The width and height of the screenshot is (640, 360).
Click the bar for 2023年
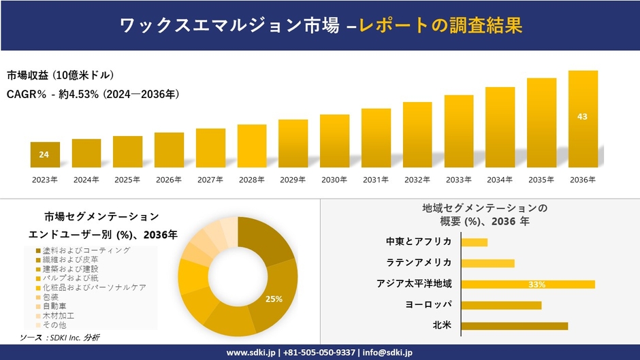(x=45, y=154)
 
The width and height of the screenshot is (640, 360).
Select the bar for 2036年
(x=583, y=119)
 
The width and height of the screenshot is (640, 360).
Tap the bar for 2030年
(x=334, y=141)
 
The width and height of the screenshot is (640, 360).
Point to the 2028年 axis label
(x=251, y=180)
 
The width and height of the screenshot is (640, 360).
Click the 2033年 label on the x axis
(x=458, y=180)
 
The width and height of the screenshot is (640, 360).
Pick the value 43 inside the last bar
(x=582, y=116)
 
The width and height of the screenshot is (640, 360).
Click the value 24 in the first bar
(x=44, y=154)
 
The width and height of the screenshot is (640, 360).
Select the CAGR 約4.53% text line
(x=93, y=94)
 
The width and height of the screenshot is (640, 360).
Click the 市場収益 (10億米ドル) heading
(x=60, y=75)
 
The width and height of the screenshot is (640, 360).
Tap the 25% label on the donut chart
(x=274, y=299)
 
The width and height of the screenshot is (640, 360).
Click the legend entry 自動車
(x=58, y=307)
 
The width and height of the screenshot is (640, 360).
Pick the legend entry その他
(x=56, y=325)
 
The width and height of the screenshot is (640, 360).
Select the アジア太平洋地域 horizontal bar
(x=528, y=284)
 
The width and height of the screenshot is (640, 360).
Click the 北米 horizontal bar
(x=514, y=326)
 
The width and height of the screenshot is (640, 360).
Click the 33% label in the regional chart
(x=537, y=284)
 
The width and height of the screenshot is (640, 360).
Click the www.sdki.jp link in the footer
(x=251, y=353)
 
